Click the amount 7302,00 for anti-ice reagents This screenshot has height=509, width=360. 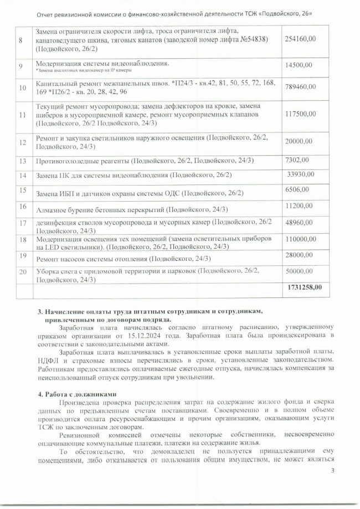296,160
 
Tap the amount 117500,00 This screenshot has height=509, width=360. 300,114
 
